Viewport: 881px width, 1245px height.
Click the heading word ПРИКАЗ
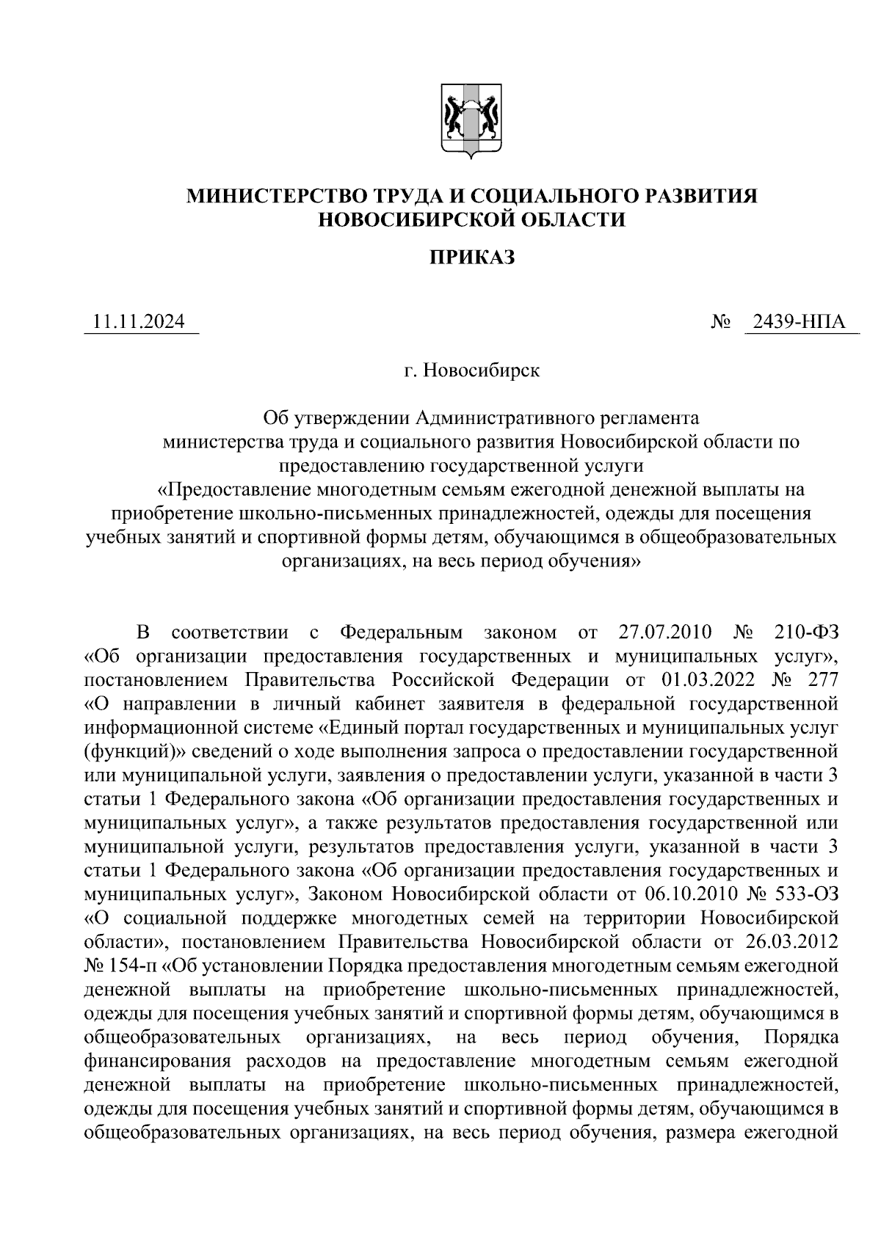471,258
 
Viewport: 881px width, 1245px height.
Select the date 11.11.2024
139,322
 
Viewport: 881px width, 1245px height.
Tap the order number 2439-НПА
801,322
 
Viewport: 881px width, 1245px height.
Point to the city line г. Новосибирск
471,370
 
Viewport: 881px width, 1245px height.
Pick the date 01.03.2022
708,679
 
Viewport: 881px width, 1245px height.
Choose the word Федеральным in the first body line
402,632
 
